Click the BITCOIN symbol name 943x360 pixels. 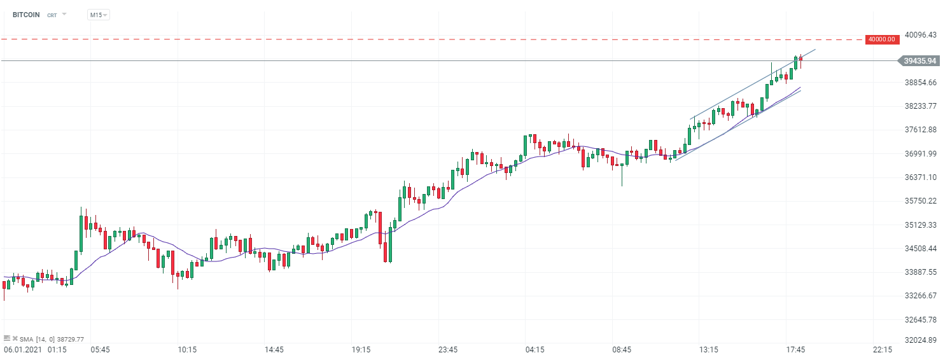point(26,15)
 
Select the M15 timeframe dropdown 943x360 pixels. point(98,15)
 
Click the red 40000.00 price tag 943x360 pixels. point(882,39)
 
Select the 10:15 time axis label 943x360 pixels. point(187,350)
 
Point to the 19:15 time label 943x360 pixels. point(361,350)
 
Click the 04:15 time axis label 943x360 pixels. point(534,350)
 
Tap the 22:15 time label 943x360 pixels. point(883,350)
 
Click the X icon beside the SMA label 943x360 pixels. point(15,339)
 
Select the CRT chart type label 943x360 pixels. point(52,15)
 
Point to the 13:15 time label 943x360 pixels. point(709,350)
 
